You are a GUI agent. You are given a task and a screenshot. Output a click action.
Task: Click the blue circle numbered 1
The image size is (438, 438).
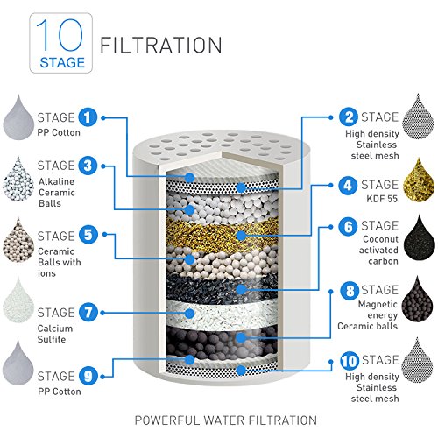coord(88,117)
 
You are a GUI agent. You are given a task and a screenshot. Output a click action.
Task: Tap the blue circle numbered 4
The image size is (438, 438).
coord(348,185)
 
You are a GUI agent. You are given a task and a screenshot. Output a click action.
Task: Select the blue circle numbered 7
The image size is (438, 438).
coord(88,312)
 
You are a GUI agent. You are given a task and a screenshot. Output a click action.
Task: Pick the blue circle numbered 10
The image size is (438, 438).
coord(350,361)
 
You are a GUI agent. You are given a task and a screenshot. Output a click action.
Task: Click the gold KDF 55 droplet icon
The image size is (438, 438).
coord(419,181)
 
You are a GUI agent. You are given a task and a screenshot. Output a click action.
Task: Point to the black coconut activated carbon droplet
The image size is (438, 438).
coord(419,238)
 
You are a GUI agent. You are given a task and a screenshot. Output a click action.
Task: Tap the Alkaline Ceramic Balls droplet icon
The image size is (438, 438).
coord(18,180)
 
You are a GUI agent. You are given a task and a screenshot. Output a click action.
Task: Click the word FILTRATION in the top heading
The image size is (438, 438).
coord(161,46)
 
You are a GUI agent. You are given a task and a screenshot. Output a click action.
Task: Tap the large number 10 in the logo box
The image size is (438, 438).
coord(60,34)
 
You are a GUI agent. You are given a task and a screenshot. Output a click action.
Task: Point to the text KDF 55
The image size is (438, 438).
coord(382,199)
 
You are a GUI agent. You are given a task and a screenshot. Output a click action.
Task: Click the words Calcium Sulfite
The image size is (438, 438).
coord(55,334)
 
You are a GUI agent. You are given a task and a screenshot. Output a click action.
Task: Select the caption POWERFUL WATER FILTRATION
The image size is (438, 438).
coord(226,420)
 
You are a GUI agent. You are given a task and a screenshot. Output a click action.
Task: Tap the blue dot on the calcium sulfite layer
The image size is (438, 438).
coord(190,314)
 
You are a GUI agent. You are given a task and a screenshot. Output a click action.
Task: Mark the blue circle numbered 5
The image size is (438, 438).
coord(88,235)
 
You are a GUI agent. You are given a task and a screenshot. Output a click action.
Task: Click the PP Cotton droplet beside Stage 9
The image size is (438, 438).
coord(18,363)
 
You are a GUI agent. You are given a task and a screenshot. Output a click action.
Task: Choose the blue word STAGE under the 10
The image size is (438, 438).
coord(62,63)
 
